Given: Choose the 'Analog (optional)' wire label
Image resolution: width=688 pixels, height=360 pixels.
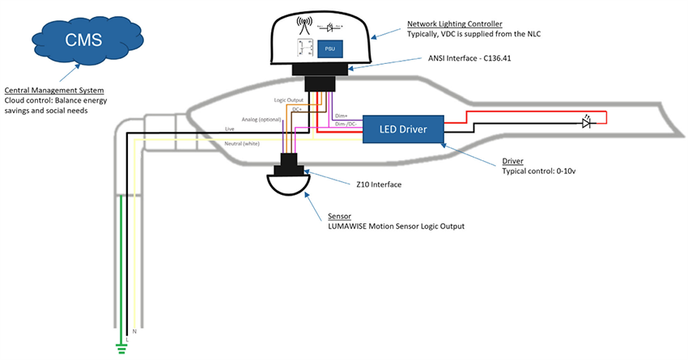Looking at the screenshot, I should point(259,120).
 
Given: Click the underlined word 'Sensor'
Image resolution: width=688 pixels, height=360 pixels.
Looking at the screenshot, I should point(340,216).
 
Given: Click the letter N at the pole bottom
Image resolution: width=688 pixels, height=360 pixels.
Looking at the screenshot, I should point(134,331).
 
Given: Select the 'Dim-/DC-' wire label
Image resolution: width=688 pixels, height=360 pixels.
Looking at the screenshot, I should point(347,125).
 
